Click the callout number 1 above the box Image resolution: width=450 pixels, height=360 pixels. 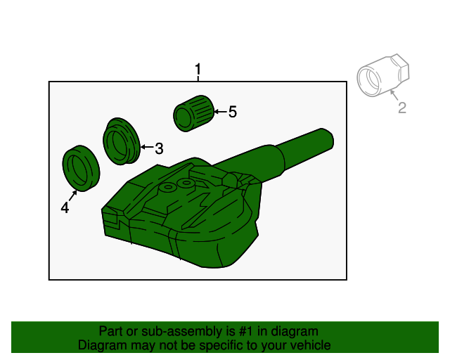point(198,70)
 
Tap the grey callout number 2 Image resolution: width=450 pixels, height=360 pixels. point(402,108)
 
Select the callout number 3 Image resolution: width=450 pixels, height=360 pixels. point(159,148)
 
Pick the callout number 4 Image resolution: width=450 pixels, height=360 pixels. point(65,207)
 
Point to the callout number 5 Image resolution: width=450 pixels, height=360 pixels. point(233,112)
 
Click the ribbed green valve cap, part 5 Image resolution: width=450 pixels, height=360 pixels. point(194,113)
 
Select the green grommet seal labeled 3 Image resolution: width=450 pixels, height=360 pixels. point(122,141)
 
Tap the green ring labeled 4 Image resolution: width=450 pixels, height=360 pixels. point(81,168)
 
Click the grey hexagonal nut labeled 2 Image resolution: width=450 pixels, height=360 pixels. point(383,75)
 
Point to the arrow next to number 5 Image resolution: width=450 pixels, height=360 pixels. point(220,112)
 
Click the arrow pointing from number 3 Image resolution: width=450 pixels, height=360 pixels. point(147,147)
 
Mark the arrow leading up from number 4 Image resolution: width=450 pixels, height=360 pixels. point(73,195)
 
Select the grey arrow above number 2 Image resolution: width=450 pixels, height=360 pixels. point(394,95)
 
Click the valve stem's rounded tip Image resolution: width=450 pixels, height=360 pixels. point(327,139)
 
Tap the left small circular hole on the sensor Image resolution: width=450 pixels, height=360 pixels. point(169,187)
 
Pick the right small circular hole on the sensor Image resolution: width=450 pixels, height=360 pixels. point(186,183)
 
